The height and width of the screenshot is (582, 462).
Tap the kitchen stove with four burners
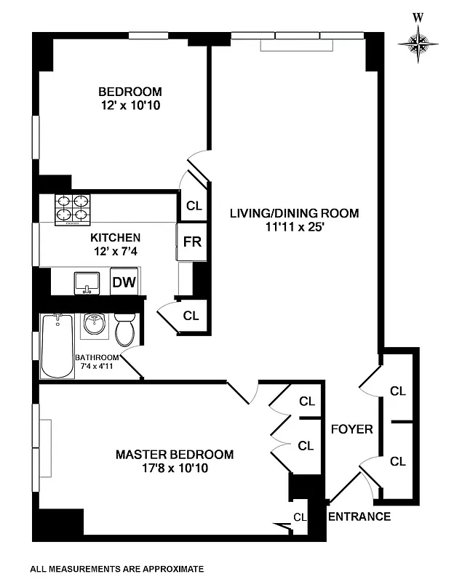click(73, 210)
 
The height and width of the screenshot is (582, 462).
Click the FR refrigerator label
click(192, 242)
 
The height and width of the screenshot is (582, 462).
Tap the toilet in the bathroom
click(125, 331)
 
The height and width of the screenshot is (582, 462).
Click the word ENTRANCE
click(360, 517)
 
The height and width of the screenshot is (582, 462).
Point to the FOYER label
click(351, 429)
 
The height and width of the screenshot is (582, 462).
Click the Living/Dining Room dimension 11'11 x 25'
click(295, 226)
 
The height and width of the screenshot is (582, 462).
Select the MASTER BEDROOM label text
click(175, 455)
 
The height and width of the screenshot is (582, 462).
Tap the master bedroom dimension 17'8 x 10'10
click(175, 469)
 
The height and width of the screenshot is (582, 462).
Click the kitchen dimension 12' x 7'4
click(115, 251)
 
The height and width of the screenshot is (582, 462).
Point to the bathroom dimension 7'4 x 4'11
click(97, 367)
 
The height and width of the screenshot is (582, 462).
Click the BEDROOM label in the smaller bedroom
click(130, 92)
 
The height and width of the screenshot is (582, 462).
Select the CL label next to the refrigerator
click(194, 206)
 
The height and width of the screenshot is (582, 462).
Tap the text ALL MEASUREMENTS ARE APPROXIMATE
click(117, 569)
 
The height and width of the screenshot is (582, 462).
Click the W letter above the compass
click(418, 17)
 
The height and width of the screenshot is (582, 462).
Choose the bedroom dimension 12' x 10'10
click(130, 105)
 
